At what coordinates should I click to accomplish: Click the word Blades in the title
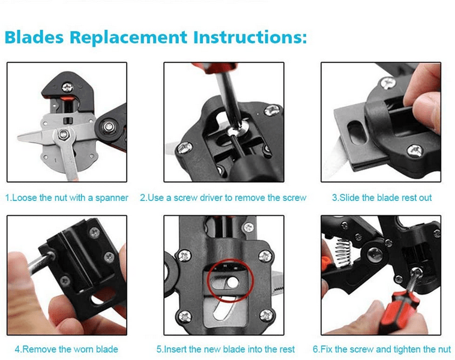coord(34,37)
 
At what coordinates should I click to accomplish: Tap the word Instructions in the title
coord(250,37)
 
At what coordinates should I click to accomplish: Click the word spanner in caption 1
coord(112,198)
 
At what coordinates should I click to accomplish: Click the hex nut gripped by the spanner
coord(64,134)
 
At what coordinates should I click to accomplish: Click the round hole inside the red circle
coord(233,282)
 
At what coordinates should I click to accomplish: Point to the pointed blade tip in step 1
coord(18,137)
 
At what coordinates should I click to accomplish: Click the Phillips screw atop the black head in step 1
coord(68,87)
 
